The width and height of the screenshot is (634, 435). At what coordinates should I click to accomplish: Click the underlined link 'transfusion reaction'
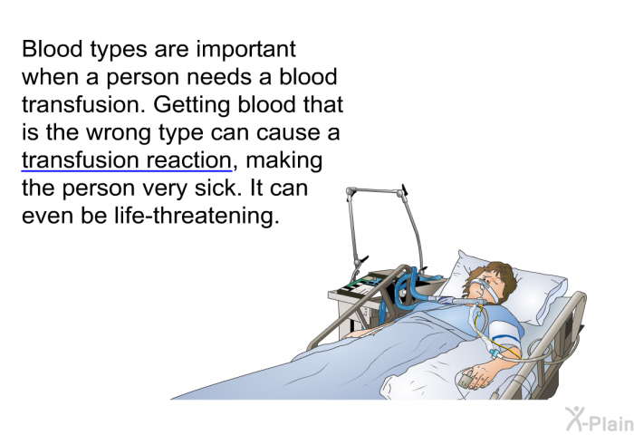[x=127, y=160]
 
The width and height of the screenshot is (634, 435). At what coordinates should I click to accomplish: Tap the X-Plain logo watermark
[x=600, y=419]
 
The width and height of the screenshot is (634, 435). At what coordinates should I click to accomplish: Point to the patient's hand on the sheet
[x=481, y=375]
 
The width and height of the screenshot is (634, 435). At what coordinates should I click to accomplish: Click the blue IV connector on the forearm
[x=495, y=354]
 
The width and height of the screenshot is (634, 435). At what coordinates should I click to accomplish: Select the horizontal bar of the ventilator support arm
[x=375, y=191]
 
